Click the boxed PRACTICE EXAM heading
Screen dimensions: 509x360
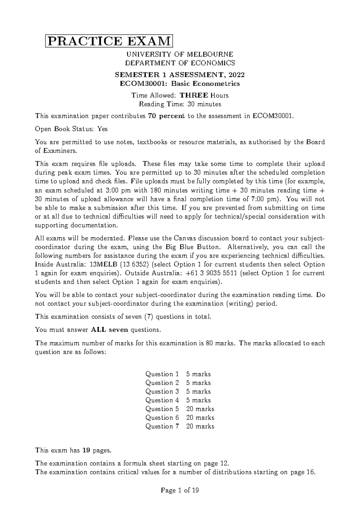pyautogui.click(x=109, y=41)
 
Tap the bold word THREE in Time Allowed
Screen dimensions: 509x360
pyautogui.click(x=194, y=95)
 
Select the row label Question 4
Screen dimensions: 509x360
pyautogui.click(x=162, y=400)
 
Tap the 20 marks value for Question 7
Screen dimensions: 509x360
pyautogui.click(x=200, y=426)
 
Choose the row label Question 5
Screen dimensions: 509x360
pyautogui.click(x=162, y=409)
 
